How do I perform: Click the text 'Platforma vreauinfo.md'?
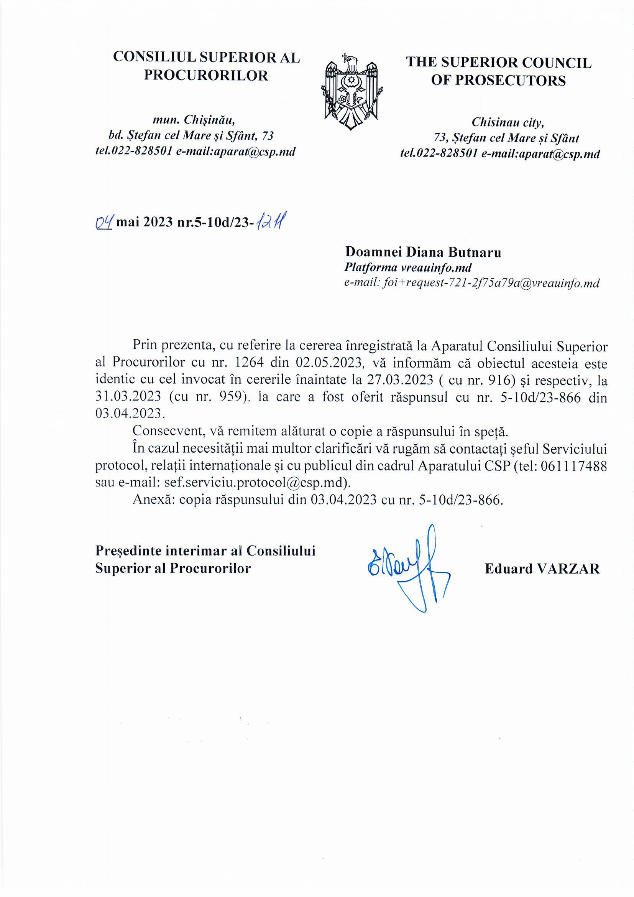click(x=407, y=268)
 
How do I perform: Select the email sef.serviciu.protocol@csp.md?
click(x=253, y=483)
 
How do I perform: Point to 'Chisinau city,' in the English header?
click(x=508, y=122)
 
